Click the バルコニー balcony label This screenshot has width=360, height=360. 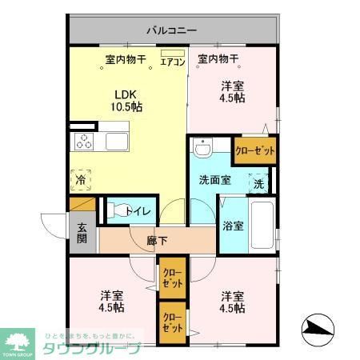[x=170, y=30]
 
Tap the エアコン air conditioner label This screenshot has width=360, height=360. [x=172, y=59]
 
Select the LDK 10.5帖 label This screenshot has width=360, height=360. [x=126, y=98]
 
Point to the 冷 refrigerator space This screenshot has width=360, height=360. [x=81, y=181]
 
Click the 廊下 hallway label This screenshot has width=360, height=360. [x=157, y=238]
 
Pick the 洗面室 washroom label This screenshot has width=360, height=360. [x=215, y=180]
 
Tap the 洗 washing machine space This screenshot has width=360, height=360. [x=259, y=183]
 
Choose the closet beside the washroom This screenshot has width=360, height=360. [x=255, y=150]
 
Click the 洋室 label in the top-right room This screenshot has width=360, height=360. [x=232, y=92]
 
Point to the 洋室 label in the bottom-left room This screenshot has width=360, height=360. [x=112, y=300]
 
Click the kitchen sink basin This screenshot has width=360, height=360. [x=115, y=142]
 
